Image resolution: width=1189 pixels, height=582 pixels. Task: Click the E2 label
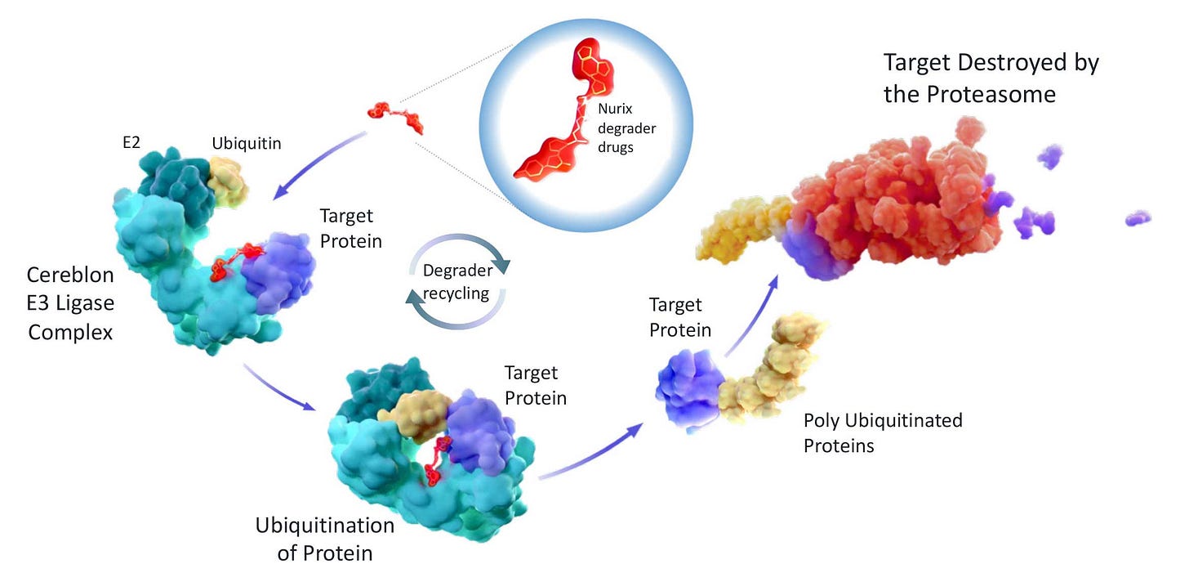131,142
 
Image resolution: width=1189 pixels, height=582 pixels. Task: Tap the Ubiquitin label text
247,144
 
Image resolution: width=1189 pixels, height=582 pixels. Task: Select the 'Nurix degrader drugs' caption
627,128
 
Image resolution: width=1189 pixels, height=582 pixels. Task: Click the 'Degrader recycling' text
457,282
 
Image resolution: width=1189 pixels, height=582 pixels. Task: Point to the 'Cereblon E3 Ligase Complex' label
70,303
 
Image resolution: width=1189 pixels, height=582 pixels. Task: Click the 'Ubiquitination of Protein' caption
325,539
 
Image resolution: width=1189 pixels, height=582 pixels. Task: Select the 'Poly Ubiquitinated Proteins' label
883,432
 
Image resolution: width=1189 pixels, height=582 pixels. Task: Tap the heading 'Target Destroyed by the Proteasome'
991,78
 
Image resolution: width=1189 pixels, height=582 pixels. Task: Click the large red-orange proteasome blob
897,197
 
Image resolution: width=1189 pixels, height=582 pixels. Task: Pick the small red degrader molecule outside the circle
395,118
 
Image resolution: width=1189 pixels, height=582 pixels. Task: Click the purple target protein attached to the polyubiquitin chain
690,391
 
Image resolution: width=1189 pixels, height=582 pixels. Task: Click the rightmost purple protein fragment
1138,218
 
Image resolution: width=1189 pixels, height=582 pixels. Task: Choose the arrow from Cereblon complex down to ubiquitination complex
278,388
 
